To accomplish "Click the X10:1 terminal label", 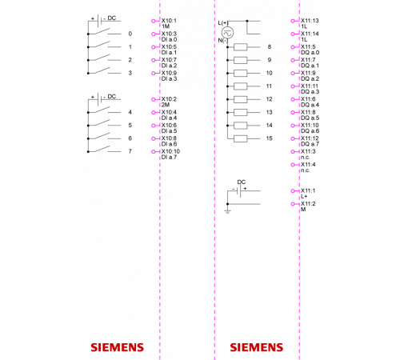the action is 169,21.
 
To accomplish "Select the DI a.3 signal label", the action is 169,78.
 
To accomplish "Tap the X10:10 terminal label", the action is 170,151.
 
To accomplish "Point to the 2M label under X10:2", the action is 166,105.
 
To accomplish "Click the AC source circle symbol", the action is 228,33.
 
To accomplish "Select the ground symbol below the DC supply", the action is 227,212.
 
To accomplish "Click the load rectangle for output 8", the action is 241,47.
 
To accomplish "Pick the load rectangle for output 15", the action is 241,138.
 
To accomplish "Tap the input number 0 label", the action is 130,34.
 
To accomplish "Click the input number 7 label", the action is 130,151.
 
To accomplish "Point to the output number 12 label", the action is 270,99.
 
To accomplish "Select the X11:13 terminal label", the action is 310,21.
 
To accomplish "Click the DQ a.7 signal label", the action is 310,144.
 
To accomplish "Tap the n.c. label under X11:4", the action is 306,170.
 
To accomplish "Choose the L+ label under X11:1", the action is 304,196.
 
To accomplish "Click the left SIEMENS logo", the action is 118,347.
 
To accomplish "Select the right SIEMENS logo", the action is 257,347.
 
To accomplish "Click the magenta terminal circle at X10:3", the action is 154,34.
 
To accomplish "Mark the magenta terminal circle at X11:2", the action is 293,204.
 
